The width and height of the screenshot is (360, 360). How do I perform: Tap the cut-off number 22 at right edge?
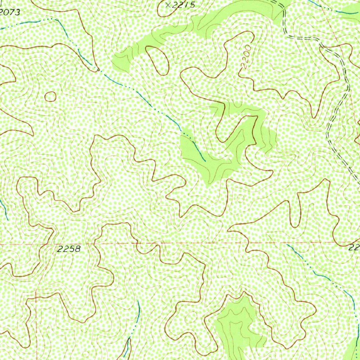pos(354,248)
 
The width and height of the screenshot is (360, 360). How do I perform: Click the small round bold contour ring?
pos(50,96)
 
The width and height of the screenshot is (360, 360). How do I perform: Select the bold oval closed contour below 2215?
pos(157,60)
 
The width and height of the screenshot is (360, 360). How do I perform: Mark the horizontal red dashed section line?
pos(176,243)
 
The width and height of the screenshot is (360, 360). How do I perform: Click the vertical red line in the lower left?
pos(36,316)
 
